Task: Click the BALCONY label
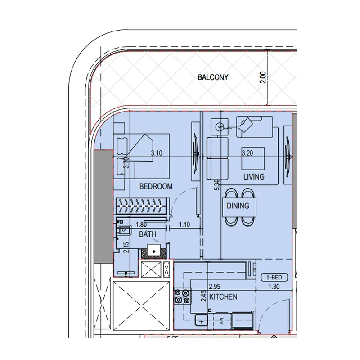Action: pos(213,77)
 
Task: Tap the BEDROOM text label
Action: pos(156,186)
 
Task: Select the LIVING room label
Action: pos(254,177)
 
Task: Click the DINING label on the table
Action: pos(238,206)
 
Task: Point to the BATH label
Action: pos(148,234)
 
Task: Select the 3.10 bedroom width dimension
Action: pos(157,153)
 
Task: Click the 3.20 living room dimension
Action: pos(247,153)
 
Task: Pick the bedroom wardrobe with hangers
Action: pos(142,207)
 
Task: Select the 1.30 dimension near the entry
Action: pos(274,286)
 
